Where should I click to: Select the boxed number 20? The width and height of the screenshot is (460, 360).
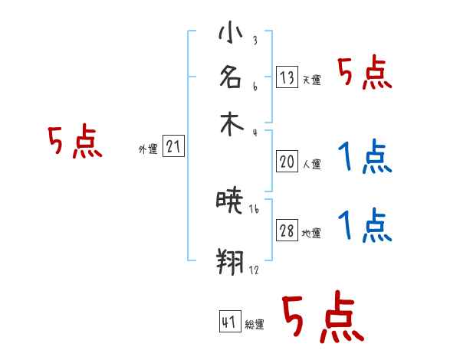point(287,161)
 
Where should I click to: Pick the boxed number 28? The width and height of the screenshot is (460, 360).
point(287,231)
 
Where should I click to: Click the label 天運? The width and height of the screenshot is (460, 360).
point(311,80)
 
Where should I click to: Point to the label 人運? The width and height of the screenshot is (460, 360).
point(311,164)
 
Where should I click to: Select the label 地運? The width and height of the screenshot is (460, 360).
point(311,234)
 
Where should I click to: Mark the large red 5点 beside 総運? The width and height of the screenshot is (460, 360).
point(322,318)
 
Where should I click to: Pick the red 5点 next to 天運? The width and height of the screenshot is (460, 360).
point(365,74)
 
